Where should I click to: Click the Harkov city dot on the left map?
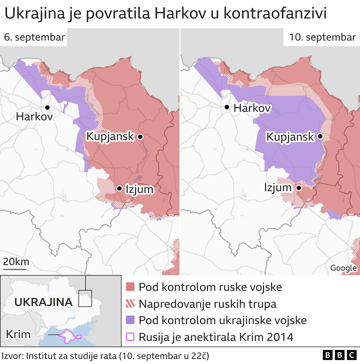click(x=47, y=107)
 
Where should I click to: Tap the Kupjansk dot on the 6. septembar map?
click(x=140, y=137)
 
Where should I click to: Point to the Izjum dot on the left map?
click(x=119, y=188)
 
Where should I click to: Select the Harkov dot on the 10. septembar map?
click(x=227, y=107)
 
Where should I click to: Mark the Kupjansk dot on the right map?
click(x=320, y=136)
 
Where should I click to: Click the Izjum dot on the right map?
click(x=299, y=188)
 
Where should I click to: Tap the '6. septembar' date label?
click(x=34, y=37)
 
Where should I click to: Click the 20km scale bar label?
click(x=16, y=262)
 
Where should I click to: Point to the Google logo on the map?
click(x=343, y=268)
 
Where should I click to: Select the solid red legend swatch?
click(x=130, y=287)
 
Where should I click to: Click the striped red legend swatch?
click(x=130, y=304)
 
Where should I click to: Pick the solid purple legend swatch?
click(x=130, y=320)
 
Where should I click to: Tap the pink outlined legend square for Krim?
click(x=130, y=337)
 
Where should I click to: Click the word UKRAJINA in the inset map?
click(x=43, y=302)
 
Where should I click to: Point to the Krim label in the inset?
click(x=18, y=334)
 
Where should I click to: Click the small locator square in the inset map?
click(x=85, y=298)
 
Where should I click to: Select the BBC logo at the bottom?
click(x=339, y=356)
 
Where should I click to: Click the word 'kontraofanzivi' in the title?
click(x=275, y=14)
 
